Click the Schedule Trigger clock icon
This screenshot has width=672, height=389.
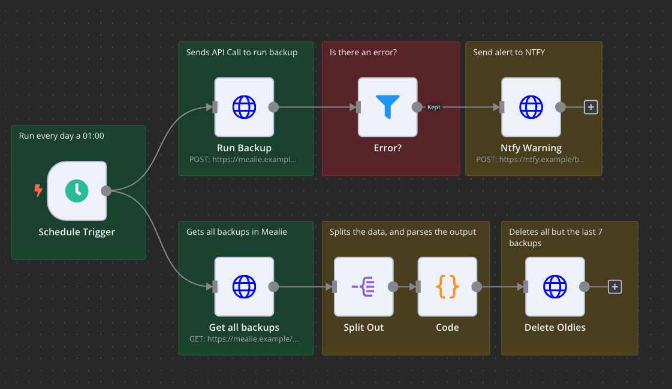click(x=77, y=191)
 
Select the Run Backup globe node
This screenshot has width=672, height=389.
click(x=244, y=107)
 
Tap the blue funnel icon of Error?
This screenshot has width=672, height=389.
click(x=387, y=107)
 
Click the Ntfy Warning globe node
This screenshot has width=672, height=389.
click(x=531, y=107)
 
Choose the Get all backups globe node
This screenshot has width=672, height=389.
click(x=244, y=287)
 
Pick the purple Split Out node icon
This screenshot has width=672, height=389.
click(x=363, y=287)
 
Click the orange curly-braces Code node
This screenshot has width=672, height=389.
click(x=447, y=287)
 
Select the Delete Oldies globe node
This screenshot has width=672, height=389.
click(x=555, y=287)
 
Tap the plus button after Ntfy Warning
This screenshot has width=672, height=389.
click(x=591, y=107)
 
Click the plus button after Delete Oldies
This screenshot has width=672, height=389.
click(x=614, y=287)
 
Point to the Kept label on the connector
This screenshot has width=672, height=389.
click(x=434, y=107)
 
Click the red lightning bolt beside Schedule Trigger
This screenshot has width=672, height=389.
click(x=38, y=191)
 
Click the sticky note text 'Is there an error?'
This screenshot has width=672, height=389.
click(x=363, y=52)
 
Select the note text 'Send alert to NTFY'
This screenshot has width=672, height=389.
click(x=509, y=52)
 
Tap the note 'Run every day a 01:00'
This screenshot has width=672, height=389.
click(x=61, y=136)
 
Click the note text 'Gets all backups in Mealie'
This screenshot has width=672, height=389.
click(x=236, y=232)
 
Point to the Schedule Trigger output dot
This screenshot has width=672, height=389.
click(x=106, y=191)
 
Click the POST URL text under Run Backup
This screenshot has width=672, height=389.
click(x=243, y=160)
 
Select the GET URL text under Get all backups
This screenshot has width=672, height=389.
click(x=243, y=339)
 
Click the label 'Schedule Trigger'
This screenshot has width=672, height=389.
click(x=77, y=232)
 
